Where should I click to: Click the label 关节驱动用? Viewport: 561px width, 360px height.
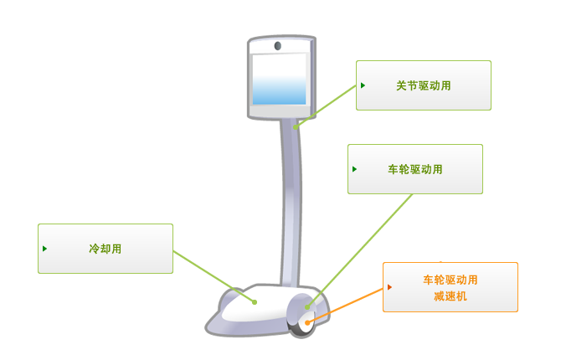point(423,86)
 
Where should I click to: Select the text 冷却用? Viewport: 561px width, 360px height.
point(106,249)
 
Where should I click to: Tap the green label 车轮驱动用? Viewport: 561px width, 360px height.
point(415,169)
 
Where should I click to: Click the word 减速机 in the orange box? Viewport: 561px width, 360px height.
point(450,296)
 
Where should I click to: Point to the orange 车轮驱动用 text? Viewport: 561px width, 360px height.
point(450,280)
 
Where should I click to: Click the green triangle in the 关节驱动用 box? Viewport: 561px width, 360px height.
point(363,85)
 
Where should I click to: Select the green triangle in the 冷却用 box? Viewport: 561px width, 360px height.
point(44,249)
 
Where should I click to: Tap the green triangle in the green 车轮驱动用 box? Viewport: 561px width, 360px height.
point(354,169)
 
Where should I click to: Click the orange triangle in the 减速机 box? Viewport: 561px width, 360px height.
point(389,287)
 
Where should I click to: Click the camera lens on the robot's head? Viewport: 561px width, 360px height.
point(278,46)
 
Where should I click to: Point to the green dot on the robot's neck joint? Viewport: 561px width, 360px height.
point(296,127)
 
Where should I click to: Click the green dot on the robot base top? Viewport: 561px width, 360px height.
point(255,302)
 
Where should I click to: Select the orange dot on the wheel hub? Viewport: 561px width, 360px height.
point(307,323)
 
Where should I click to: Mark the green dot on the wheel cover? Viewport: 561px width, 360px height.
point(307,307)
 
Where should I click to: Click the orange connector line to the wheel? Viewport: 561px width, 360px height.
point(345,306)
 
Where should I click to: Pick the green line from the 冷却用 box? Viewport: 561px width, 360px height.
point(214,276)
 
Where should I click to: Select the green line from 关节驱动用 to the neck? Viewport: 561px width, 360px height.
point(326,106)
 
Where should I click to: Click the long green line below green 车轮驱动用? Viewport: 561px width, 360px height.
point(359,250)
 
